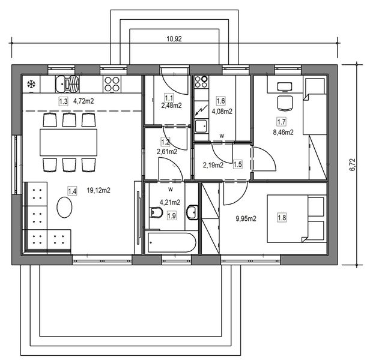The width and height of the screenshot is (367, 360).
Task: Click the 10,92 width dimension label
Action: tap(174, 39)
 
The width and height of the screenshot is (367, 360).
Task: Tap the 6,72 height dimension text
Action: tap(353, 165)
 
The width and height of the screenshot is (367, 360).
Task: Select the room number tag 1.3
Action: tap(63, 101)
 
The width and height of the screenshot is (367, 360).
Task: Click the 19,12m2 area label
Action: tap(99, 190)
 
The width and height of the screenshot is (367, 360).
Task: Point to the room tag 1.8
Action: tap(282, 218)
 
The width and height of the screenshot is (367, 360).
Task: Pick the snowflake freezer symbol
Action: tap(31, 85)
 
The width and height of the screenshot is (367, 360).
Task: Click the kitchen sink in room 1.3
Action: tap(67, 84)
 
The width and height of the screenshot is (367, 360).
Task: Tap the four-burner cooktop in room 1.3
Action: tap(112, 84)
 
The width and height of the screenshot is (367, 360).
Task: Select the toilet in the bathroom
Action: tap(156, 212)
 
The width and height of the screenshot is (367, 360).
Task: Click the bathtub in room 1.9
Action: tap(172, 242)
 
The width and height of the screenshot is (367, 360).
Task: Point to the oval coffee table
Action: tap(64, 207)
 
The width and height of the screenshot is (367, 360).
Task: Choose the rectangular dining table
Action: tap(68, 142)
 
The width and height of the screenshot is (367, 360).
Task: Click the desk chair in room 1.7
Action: tap(285, 103)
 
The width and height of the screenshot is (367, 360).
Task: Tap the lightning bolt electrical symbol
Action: tap(201, 110)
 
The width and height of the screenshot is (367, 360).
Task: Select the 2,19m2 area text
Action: tap(213, 165)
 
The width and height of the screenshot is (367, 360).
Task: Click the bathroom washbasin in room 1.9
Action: tap(192, 212)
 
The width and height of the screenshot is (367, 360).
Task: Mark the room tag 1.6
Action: tap(220, 101)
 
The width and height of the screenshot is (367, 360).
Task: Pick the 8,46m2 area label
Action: tap(283, 133)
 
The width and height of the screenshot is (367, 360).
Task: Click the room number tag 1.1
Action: tap(169, 98)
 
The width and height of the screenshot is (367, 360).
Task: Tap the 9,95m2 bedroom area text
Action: tap(246, 218)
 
